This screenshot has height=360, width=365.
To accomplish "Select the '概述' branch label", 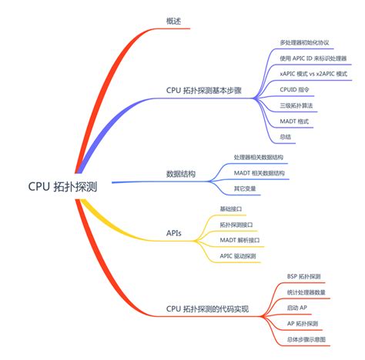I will (x=174, y=20).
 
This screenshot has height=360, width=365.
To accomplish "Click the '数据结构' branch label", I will (x=180, y=174).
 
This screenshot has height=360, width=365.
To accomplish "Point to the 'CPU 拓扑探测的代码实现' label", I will (x=207, y=308).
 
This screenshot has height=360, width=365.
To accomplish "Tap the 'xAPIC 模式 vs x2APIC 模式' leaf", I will (x=313, y=74).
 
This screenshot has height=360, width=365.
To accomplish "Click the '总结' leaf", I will (x=286, y=137).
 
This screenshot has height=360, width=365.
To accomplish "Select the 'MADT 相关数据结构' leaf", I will (x=259, y=173).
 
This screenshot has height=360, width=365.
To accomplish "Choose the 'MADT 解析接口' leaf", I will (x=239, y=240).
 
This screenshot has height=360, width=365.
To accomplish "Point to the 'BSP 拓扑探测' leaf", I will (x=303, y=276).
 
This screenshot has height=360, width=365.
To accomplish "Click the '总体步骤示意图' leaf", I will (x=306, y=339).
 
